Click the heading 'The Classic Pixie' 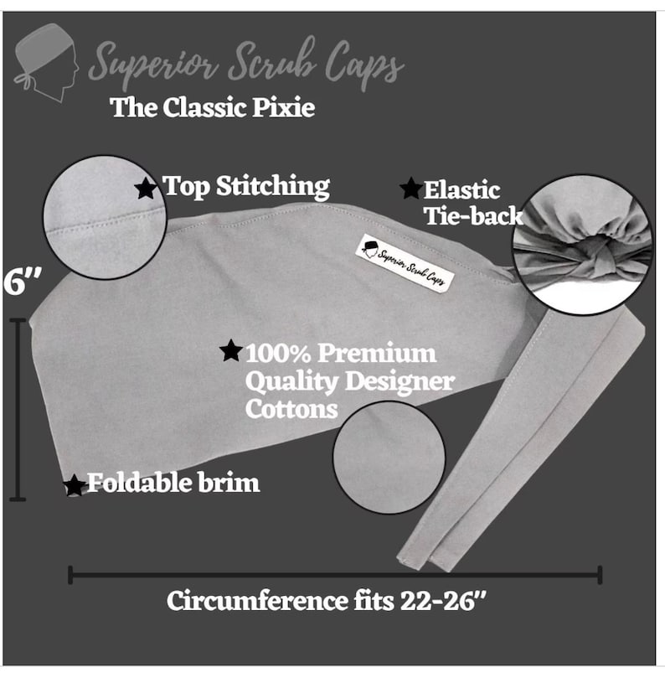click(x=212, y=107)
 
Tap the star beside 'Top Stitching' click(x=146, y=189)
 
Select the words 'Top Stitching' click(x=246, y=187)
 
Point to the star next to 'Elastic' click(x=410, y=189)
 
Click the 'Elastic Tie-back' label click(x=473, y=203)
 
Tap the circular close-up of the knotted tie click(x=582, y=245)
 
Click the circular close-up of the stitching click(x=105, y=218)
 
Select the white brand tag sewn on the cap click(x=405, y=263)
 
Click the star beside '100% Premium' click(x=231, y=350)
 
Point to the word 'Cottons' click(x=291, y=409)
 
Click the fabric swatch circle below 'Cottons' click(x=389, y=457)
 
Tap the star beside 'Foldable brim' click(x=75, y=485)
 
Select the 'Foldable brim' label click(x=173, y=483)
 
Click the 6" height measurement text click(x=23, y=282)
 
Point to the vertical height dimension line click(x=18, y=410)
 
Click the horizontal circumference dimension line click(x=335, y=576)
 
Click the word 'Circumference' click(x=257, y=601)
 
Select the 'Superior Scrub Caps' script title click(x=246, y=63)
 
